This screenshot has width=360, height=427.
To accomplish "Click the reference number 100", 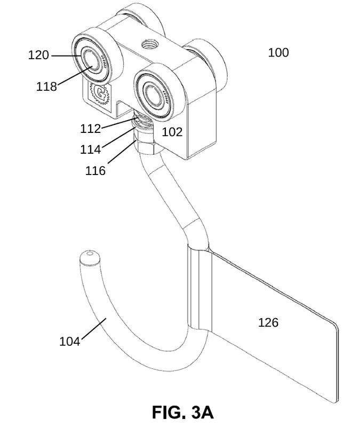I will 278,52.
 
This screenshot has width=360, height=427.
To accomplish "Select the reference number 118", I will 47,86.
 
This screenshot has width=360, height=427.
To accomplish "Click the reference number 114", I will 90,149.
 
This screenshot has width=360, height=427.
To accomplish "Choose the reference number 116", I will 95,170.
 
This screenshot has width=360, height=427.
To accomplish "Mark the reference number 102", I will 172,132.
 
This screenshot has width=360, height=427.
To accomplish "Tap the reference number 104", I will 69,341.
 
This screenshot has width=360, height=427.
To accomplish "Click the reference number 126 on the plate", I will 268,322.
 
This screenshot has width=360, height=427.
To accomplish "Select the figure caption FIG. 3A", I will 182,412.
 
